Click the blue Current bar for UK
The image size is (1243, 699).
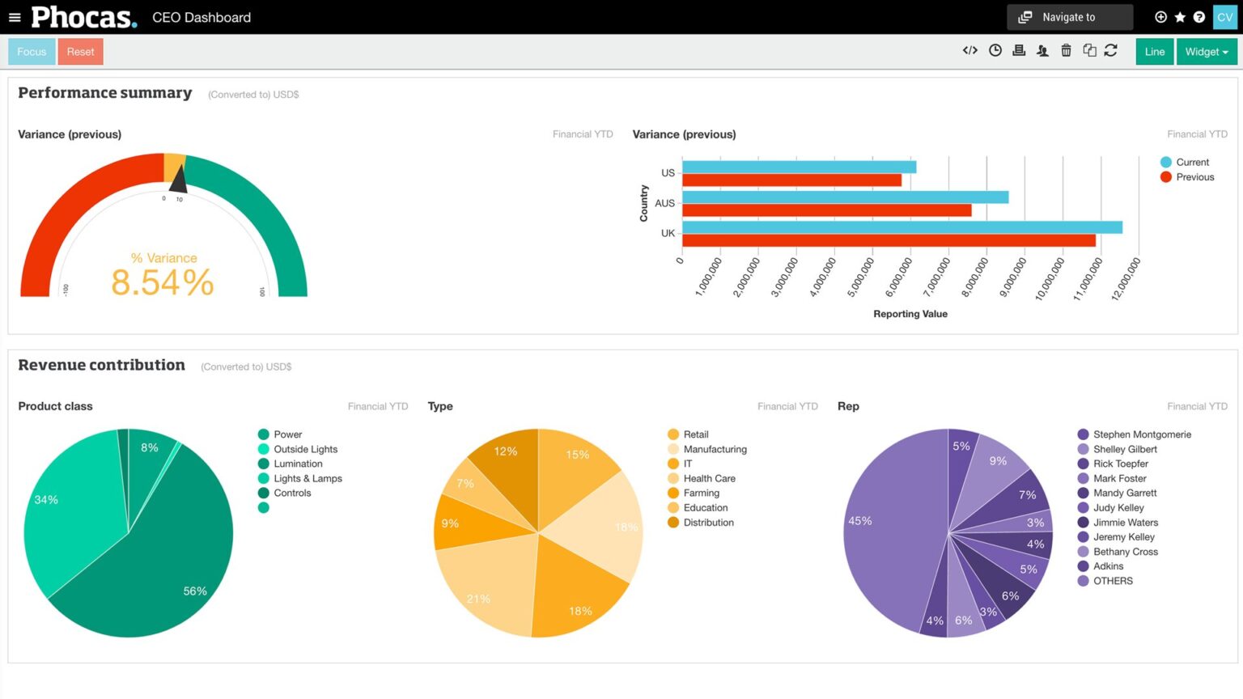(901, 227)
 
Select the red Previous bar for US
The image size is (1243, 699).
(791, 180)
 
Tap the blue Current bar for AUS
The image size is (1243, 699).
(845, 197)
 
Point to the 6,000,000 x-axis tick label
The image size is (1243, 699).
(899, 277)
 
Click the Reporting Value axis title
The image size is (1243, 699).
(910, 314)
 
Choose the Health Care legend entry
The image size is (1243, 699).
(709, 479)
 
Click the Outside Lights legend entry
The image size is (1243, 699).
(305, 450)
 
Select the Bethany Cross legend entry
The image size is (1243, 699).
(1125, 552)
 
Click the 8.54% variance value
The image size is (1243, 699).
(163, 282)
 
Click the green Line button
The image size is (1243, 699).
(1154, 52)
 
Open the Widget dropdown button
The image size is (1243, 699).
(1206, 52)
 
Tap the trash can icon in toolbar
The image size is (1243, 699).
(1066, 51)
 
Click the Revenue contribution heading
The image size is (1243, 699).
(102, 365)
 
